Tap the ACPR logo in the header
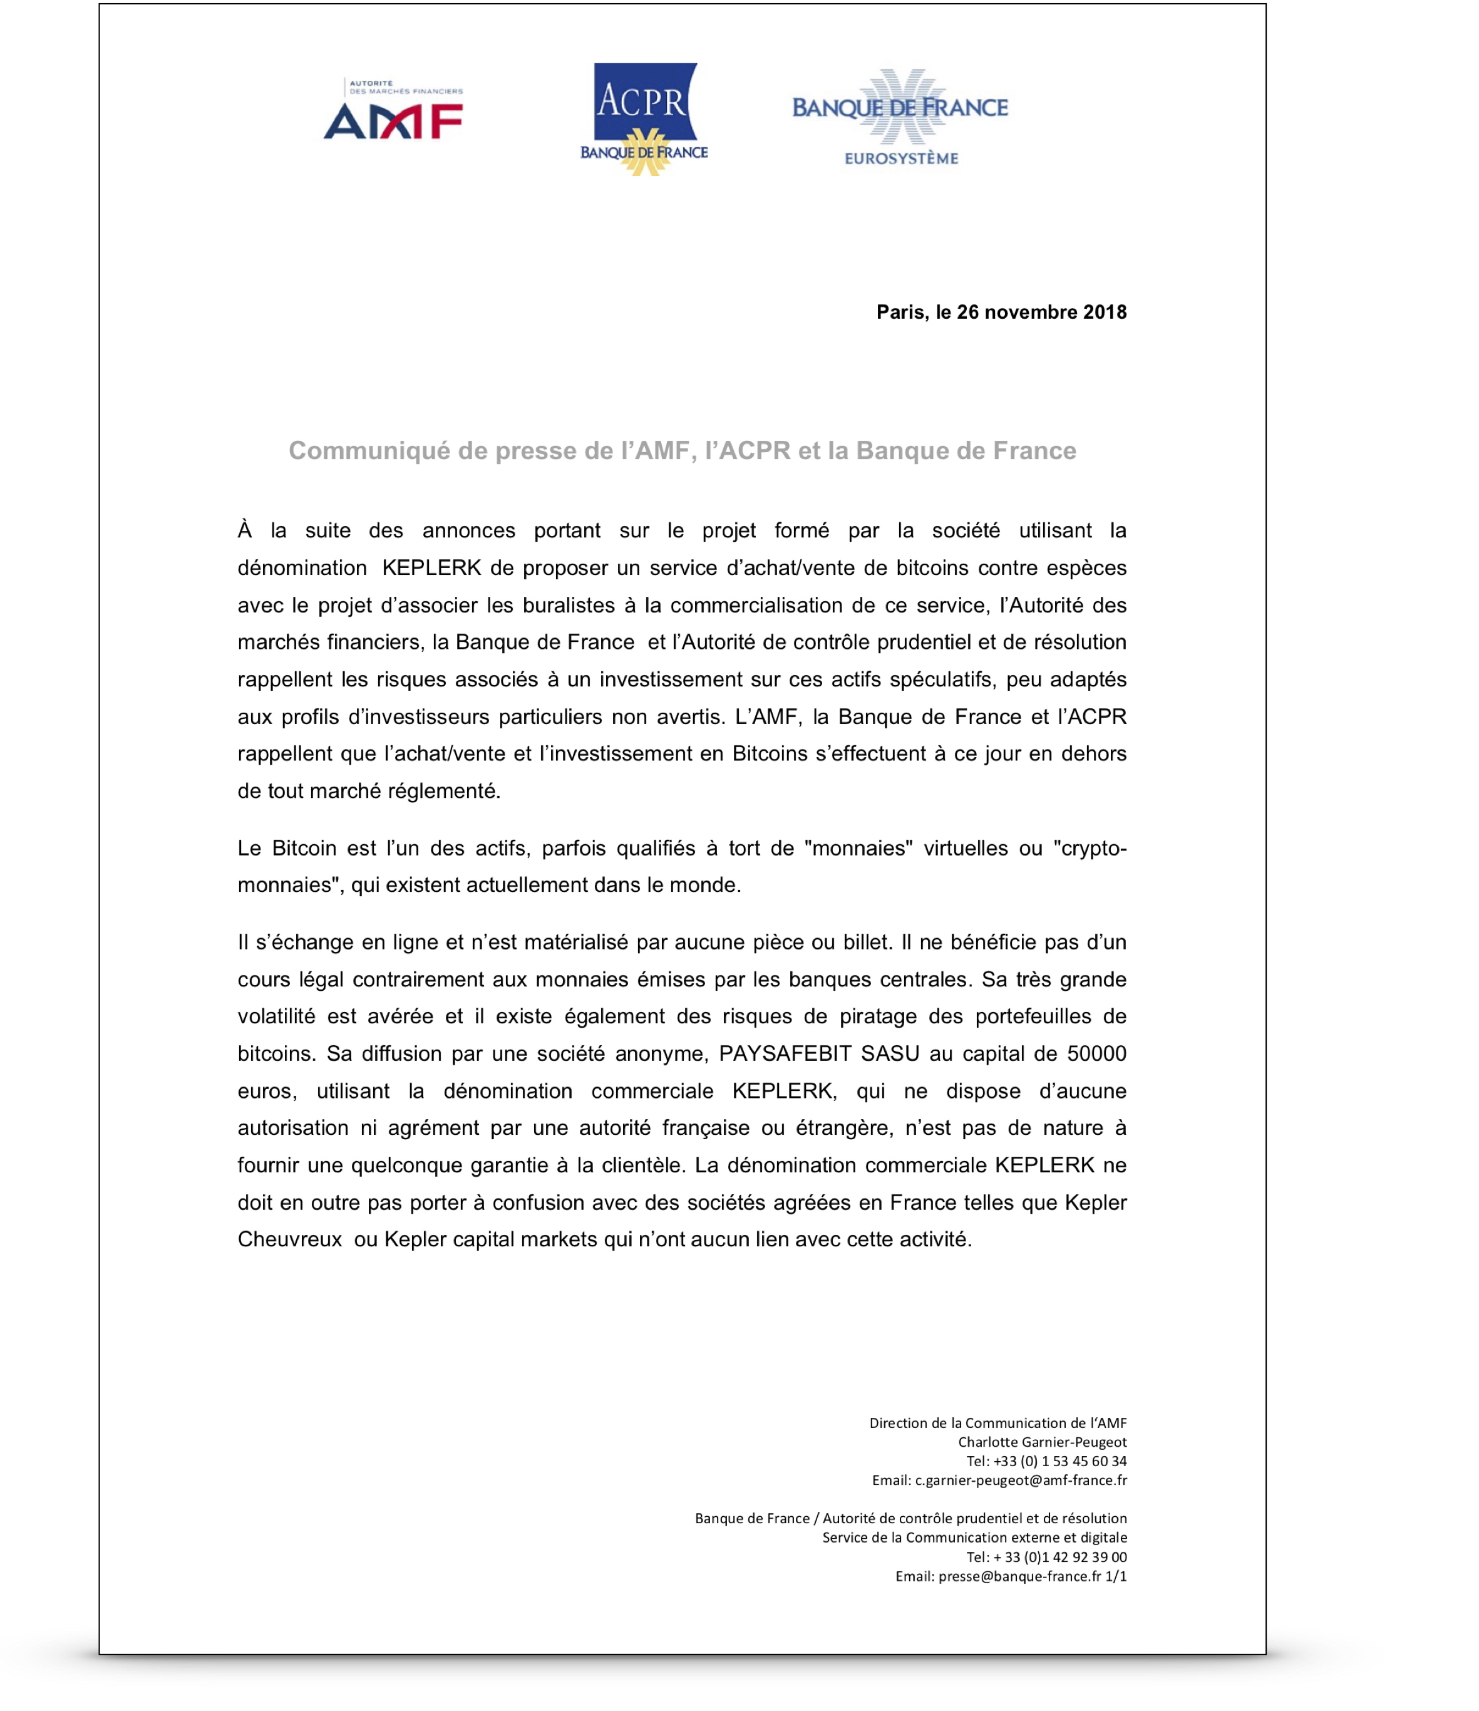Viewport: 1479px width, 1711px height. tap(644, 118)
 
